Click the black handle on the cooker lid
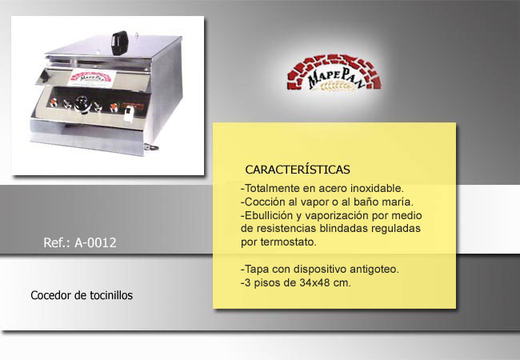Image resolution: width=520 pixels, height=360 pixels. [119, 43]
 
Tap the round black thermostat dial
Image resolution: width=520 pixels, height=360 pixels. [82, 105]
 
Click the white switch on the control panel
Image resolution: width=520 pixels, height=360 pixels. [128, 114]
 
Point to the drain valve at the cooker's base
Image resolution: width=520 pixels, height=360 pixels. [151, 147]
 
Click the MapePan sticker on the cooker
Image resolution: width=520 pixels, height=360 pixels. [91, 78]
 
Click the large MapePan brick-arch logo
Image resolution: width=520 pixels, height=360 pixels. [334, 73]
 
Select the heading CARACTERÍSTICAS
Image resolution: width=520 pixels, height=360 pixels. [298, 170]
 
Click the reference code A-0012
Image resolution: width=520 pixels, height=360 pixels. [95, 242]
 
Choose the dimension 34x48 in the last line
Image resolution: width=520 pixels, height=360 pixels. [315, 282]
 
